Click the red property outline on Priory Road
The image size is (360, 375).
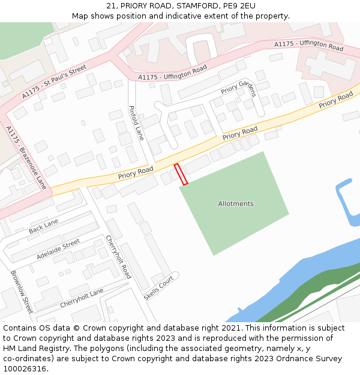[181, 173]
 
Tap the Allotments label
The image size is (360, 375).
[235, 204]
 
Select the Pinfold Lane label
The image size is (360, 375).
[136, 123]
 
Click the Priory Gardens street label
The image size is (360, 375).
[239, 88]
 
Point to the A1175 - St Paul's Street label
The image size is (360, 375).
[54, 82]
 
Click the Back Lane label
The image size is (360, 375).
[43, 226]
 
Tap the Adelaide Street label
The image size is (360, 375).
[58, 249]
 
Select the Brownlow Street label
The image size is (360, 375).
[22, 292]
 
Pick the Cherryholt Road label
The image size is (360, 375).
[118, 257]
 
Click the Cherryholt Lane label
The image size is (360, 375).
[82, 298]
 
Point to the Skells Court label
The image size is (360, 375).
[158, 288]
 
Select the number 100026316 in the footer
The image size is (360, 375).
[26, 369]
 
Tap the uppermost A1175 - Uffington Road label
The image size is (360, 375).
[308, 46]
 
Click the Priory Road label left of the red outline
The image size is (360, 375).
[136, 173]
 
